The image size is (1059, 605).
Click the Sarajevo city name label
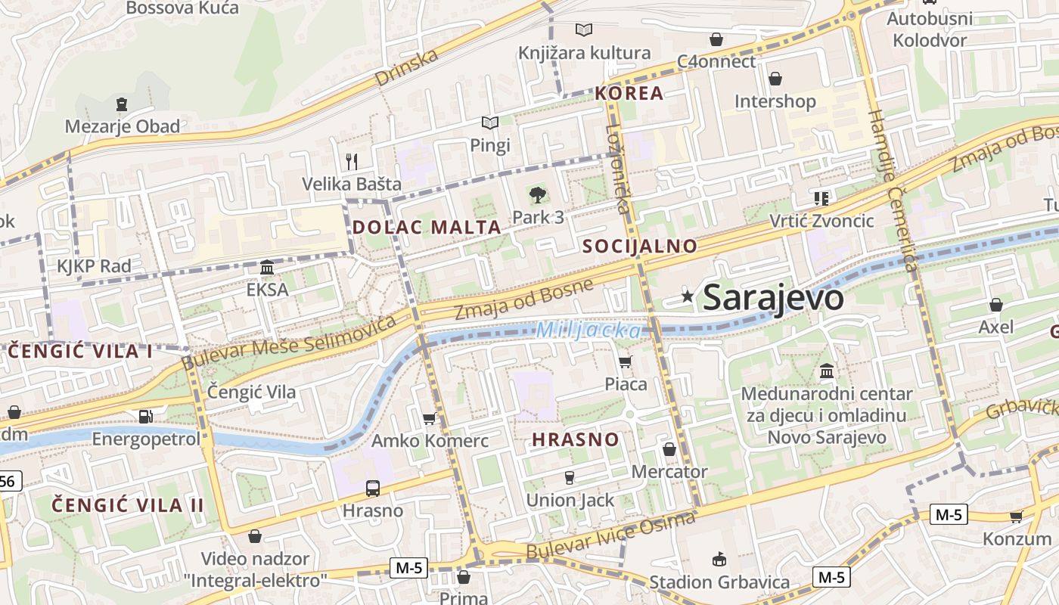[x=772, y=298]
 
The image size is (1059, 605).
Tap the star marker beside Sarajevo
[x=687, y=296]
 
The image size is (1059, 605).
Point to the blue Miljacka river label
[x=588, y=330]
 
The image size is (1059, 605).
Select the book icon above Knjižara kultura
[x=583, y=30]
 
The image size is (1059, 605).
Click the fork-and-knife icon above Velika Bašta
[x=351, y=161]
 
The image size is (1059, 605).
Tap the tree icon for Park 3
[x=538, y=195]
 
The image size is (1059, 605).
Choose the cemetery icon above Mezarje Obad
[x=122, y=104]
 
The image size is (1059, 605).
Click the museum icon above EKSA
[x=267, y=268]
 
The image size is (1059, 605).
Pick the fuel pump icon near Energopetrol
[x=145, y=417]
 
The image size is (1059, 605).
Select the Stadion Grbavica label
[x=719, y=582]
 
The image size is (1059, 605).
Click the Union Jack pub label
[x=570, y=500]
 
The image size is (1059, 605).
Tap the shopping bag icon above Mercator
[x=669, y=450]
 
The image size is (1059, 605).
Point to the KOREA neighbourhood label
[x=629, y=94]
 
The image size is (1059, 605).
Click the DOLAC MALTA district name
[x=427, y=227]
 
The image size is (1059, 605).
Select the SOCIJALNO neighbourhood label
[x=640, y=246]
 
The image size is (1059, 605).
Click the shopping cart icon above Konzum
[x=1016, y=517]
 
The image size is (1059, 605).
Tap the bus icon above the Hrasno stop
[x=372, y=489]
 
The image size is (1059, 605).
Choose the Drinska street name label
[x=406, y=68]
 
